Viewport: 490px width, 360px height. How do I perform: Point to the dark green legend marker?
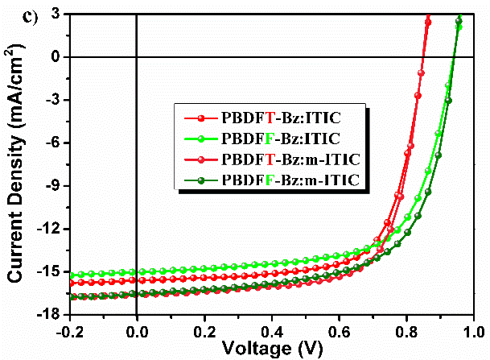click(201, 177)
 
